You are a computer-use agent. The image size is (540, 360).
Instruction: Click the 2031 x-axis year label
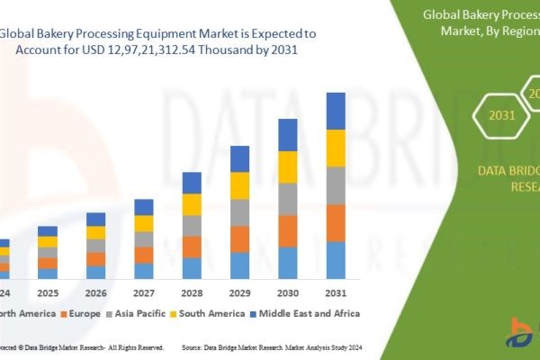(x=335, y=293)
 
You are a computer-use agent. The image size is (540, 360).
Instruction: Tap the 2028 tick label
(x=192, y=293)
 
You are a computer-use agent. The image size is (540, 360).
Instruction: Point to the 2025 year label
(x=48, y=293)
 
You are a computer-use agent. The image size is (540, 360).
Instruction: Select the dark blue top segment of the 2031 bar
(x=336, y=111)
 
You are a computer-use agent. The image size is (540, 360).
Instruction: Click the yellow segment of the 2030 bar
(x=288, y=166)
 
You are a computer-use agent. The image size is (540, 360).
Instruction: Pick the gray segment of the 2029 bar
(x=239, y=212)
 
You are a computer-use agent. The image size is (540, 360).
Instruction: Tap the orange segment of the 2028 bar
(x=192, y=247)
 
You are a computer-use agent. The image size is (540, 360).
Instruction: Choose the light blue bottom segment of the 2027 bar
(x=144, y=271)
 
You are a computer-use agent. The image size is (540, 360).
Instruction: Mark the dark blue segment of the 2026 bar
(x=95, y=219)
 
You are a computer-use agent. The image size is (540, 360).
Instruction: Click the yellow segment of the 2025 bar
(x=48, y=241)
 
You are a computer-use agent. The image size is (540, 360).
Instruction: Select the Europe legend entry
(x=79, y=313)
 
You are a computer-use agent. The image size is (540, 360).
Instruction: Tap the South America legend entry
(x=211, y=313)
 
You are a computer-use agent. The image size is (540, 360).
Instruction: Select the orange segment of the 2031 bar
(x=336, y=223)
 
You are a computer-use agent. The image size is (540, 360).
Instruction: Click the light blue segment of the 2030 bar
(x=288, y=263)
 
